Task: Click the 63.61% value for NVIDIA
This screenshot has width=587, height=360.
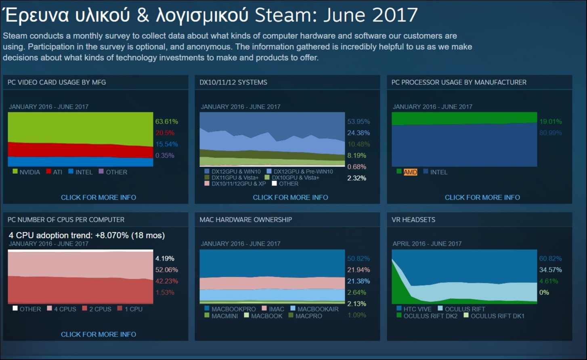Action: pyautogui.click(x=166, y=121)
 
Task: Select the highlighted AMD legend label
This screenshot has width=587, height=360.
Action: pyautogui.click(x=410, y=172)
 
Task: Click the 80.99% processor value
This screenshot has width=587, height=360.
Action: pyautogui.click(x=550, y=133)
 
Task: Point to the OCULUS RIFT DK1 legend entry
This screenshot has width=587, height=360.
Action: pyautogui.click(x=497, y=316)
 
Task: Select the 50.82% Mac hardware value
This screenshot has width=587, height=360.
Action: pyautogui.click(x=358, y=258)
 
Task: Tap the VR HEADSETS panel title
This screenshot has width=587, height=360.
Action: pyautogui.click(x=413, y=220)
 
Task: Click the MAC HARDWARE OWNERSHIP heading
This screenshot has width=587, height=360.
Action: pyautogui.click(x=245, y=220)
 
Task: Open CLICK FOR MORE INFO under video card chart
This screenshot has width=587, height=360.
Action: pyautogui.click(x=99, y=198)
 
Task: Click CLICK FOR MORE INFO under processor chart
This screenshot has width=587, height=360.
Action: pyautogui.click(x=482, y=198)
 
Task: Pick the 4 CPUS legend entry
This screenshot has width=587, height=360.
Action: pyautogui.click(x=65, y=309)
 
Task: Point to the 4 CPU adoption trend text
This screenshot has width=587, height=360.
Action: pyautogui.click(x=87, y=235)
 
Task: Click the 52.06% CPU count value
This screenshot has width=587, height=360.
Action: pyautogui.click(x=166, y=269)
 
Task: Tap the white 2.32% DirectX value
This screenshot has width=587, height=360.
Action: pyautogui.click(x=357, y=178)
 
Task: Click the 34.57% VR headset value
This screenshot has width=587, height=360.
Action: pyautogui.click(x=550, y=269)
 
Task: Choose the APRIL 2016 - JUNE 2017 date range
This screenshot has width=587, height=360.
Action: pyautogui.click(x=427, y=244)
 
